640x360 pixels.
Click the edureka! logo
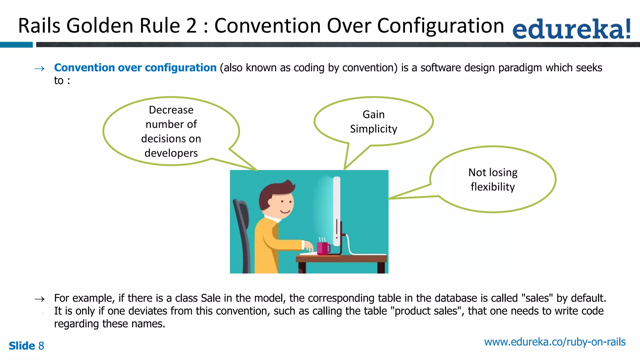pyautogui.click(x=571, y=29)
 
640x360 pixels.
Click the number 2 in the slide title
pyautogui.click(x=191, y=26)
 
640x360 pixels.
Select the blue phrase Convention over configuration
pyautogui.click(x=135, y=68)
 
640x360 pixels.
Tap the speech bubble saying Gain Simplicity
pyautogui.click(x=373, y=122)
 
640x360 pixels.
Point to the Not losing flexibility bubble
pyautogui.click(x=493, y=180)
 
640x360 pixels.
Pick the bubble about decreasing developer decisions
pyautogui.click(x=171, y=132)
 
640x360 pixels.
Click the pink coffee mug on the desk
pyautogui.click(x=323, y=248)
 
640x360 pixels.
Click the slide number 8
pyautogui.click(x=41, y=346)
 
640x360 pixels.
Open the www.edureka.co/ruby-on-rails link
pyautogui.click(x=555, y=342)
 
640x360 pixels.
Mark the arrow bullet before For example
pyautogui.click(x=40, y=299)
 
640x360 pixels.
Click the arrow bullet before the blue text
pyautogui.click(x=40, y=69)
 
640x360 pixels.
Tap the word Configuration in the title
pyautogui.click(x=441, y=26)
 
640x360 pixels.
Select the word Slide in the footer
pyautogui.click(x=22, y=346)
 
